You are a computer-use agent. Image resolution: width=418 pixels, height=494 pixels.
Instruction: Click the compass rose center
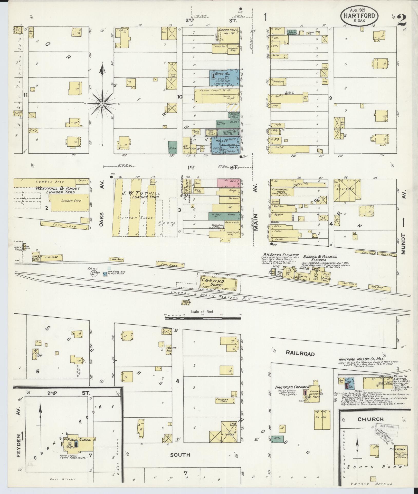pyautogui.click(x=102, y=104)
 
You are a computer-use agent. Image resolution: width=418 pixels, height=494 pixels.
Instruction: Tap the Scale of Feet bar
pyautogui.click(x=203, y=318)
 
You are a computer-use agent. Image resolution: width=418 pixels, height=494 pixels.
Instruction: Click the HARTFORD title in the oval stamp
pyautogui.click(x=359, y=16)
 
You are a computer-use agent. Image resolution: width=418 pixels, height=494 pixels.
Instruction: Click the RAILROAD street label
pyautogui.click(x=300, y=354)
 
